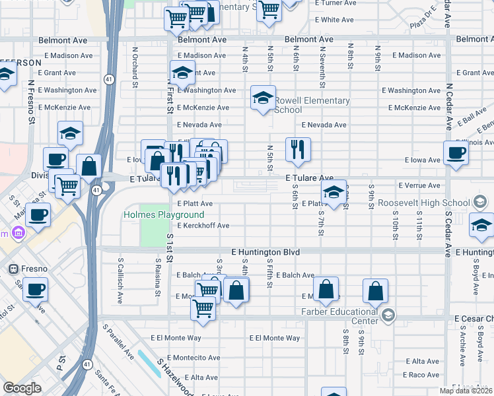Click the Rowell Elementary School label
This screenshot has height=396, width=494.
coord(312,105)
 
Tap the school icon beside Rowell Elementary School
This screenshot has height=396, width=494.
coord(264,98)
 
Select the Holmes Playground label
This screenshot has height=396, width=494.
coord(163,215)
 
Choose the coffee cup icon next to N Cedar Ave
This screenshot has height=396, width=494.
coord(456,152)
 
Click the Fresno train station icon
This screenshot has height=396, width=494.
coord(12,269)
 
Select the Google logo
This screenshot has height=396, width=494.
coord(22,388)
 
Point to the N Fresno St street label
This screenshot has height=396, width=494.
coord(31,103)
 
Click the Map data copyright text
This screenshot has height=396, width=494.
coord(466,391)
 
